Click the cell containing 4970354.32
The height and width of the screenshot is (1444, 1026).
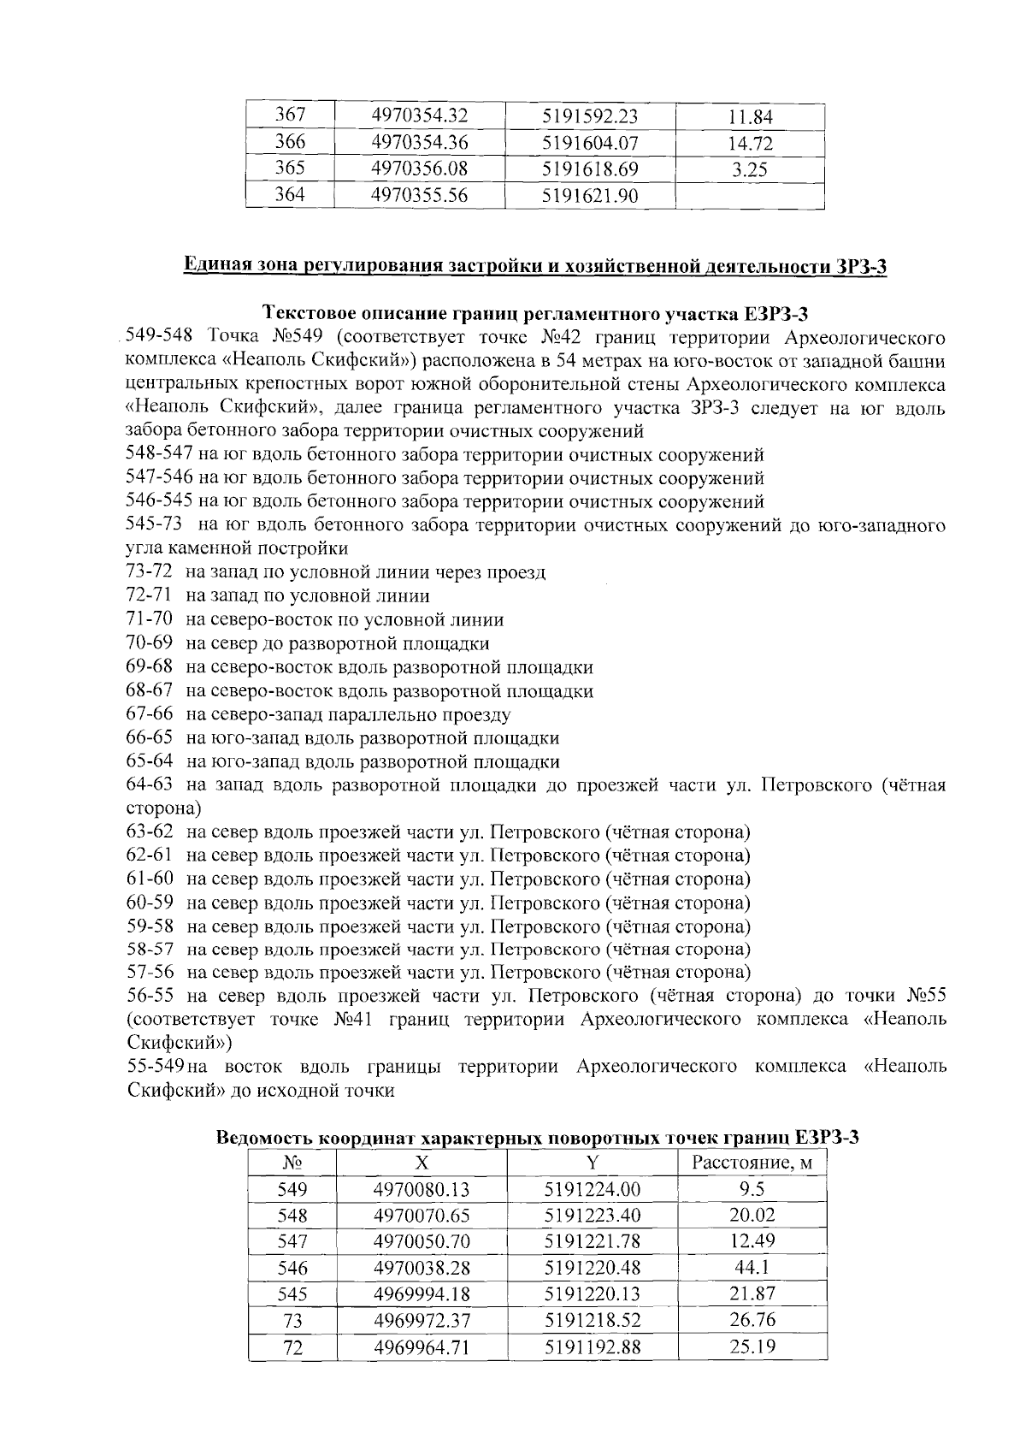coord(420,116)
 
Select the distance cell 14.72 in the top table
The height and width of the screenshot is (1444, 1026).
coord(750,144)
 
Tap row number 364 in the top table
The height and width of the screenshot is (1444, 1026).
coord(290,196)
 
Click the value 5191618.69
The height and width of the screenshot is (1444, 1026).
coord(590,169)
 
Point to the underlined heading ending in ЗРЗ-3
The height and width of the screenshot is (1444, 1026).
coord(535,267)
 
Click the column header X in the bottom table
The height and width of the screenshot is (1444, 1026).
coord(422,1163)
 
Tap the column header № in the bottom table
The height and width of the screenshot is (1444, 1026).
coord(292,1163)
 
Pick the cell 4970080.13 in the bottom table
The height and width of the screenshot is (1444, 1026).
coord(422,1189)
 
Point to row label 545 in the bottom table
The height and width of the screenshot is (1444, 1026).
coord(292,1294)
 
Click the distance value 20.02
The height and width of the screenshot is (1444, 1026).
coord(752,1215)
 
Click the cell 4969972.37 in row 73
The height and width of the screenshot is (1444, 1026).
coord(422,1321)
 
